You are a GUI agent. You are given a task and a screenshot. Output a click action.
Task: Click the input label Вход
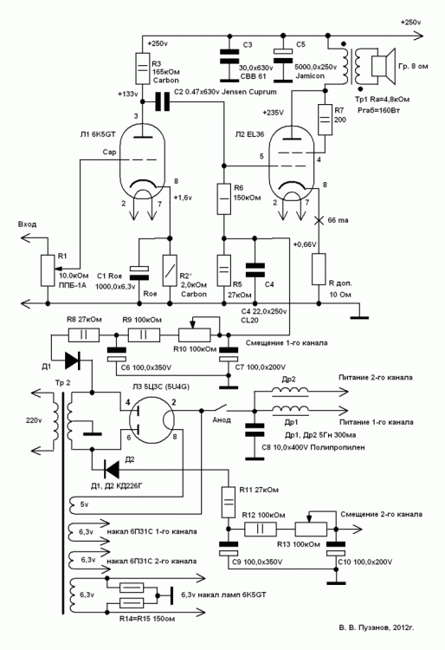26,224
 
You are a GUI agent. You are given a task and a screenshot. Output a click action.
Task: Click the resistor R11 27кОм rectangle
229,498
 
